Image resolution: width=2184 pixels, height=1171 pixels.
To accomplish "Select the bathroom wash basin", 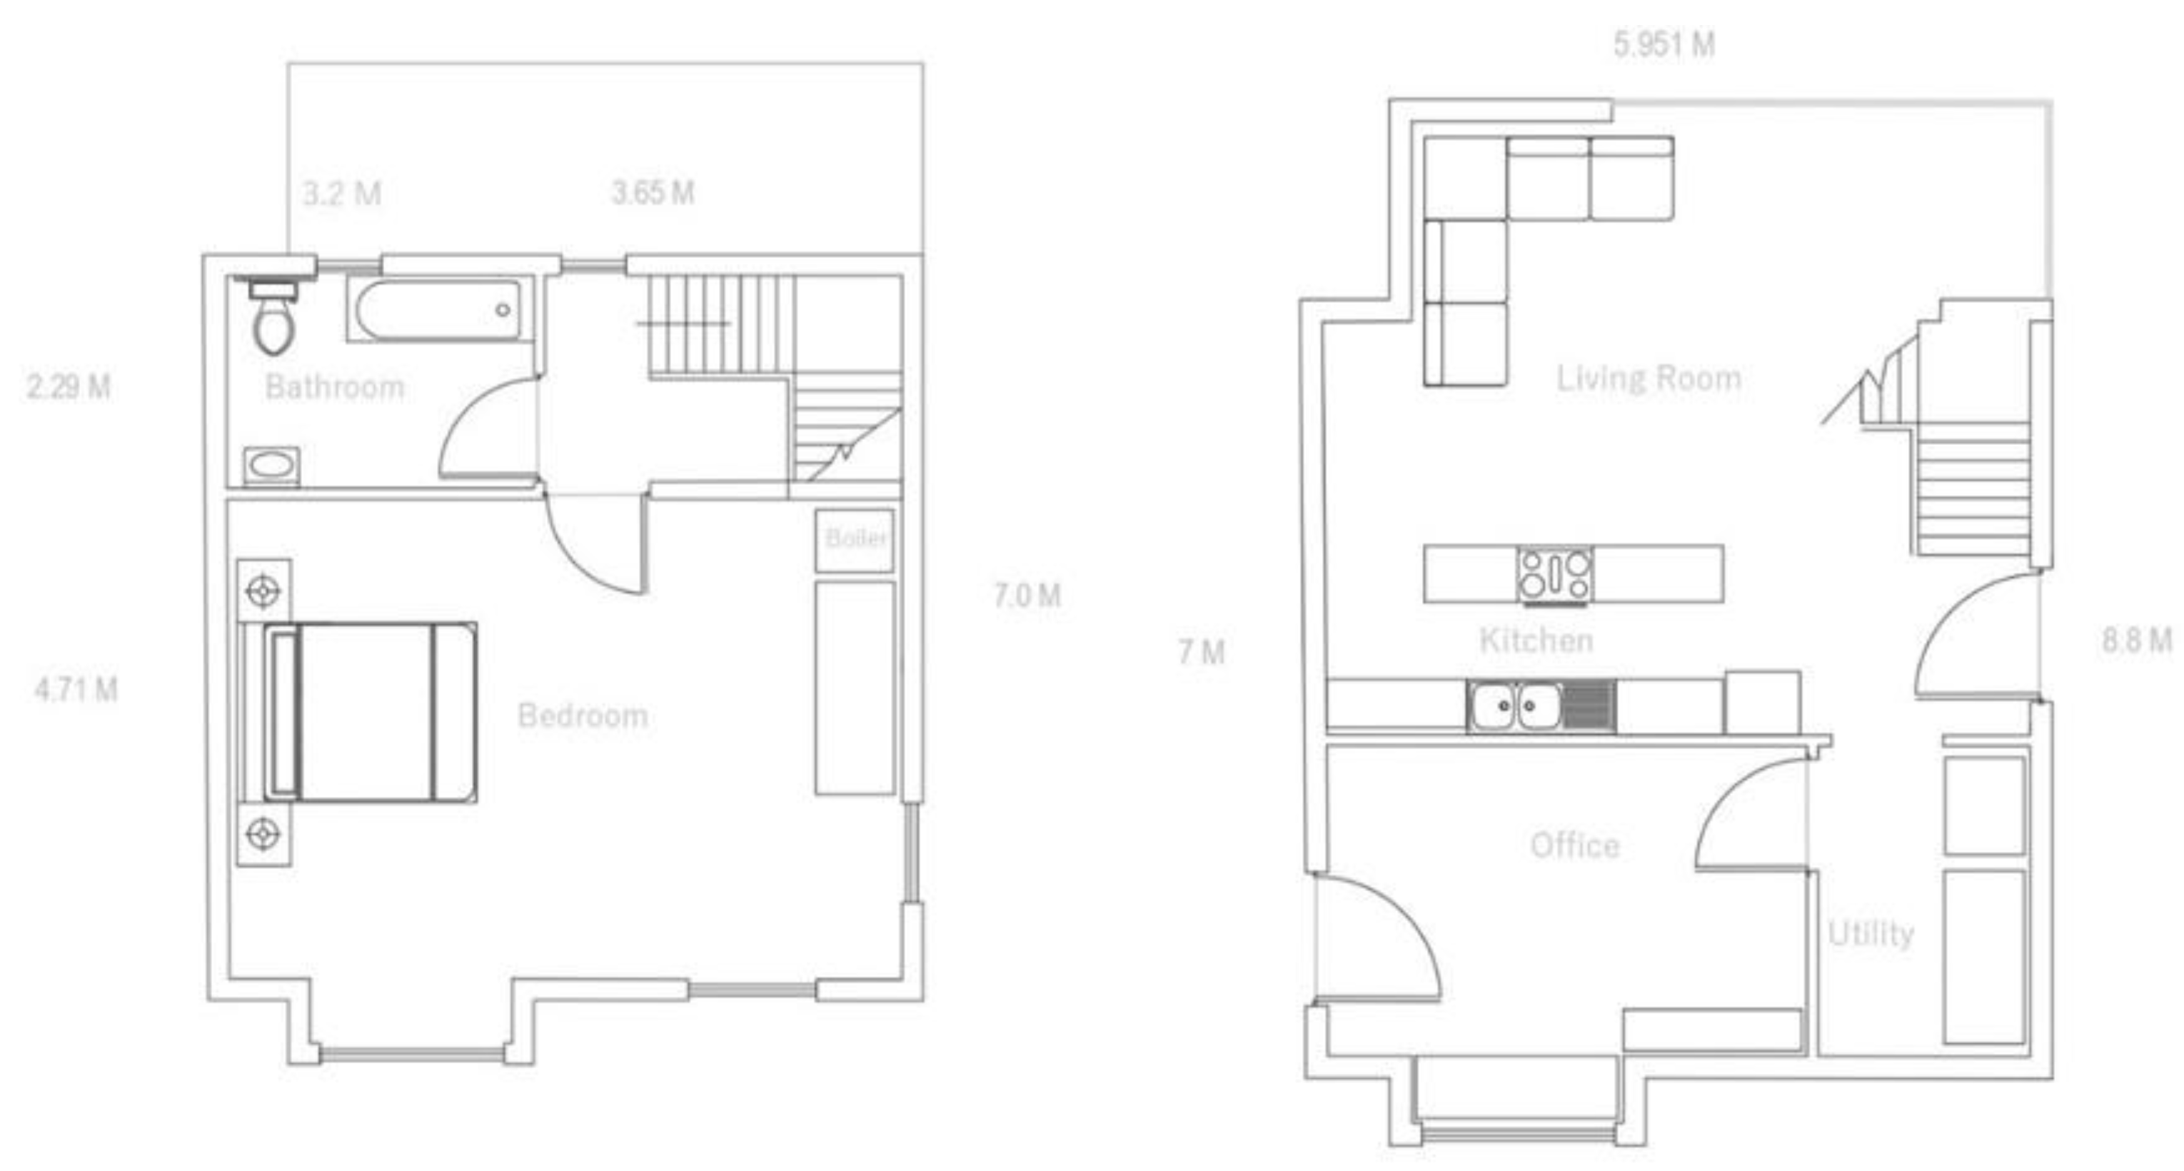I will (x=271, y=466).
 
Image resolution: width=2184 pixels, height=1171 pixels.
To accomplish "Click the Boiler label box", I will (x=855, y=538).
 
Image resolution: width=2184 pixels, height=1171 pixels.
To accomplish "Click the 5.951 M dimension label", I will (x=1664, y=44).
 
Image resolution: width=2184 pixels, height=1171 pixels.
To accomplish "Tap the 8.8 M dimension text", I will (x=2135, y=640).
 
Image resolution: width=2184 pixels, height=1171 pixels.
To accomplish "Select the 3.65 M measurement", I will (x=653, y=193).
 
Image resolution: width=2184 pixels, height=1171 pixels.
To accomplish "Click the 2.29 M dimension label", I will (x=68, y=387).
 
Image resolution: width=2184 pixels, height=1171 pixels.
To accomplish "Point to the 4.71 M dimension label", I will (x=76, y=689).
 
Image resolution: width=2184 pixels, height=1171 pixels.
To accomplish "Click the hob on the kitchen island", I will (x=1555, y=575).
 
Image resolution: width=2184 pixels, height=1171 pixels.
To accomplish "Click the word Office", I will (x=1574, y=845).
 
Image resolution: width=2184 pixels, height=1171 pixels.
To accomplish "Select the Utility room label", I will (x=1871, y=933).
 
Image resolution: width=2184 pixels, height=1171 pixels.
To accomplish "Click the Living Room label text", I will (x=1649, y=378).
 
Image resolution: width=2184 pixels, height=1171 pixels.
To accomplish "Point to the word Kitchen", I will (x=1536, y=640).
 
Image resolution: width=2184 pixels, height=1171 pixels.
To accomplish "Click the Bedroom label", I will (x=583, y=715).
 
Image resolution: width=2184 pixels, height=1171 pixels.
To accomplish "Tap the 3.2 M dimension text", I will (x=342, y=194).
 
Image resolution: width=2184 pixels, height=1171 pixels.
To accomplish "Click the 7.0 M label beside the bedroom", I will (x=1027, y=595).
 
